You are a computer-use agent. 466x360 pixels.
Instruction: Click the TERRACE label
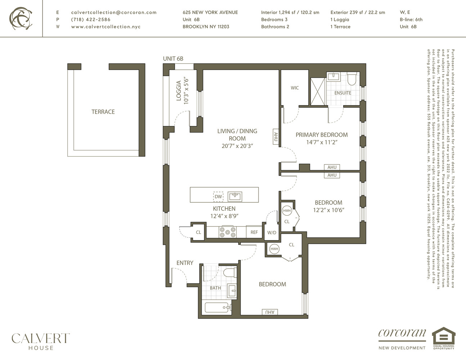[103, 112]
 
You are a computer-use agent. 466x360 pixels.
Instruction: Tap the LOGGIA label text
[179, 91]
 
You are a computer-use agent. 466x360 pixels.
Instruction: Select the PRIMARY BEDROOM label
[322, 135]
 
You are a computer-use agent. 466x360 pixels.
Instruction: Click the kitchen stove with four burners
[228, 232]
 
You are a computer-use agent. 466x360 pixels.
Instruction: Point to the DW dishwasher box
[218, 197]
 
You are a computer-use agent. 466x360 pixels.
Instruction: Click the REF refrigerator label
[254, 232]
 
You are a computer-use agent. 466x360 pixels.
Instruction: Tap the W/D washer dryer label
[272, 233]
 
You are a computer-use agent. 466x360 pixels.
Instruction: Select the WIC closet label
[295, 88]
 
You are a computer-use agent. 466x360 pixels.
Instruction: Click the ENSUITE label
[342, 93]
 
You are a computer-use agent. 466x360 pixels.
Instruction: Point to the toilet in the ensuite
[351, 79]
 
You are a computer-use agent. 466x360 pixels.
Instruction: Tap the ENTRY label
[185, 263]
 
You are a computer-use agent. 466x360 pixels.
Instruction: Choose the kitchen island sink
[235, 196]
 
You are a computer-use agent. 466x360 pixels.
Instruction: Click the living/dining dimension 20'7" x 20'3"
[237, 146]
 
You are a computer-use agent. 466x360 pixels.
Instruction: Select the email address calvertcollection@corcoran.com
[114, 12]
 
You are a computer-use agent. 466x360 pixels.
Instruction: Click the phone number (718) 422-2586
[91, 19]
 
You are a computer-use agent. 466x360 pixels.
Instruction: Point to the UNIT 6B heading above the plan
[173, 59]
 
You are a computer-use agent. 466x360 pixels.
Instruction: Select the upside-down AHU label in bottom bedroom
[270, 312]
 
